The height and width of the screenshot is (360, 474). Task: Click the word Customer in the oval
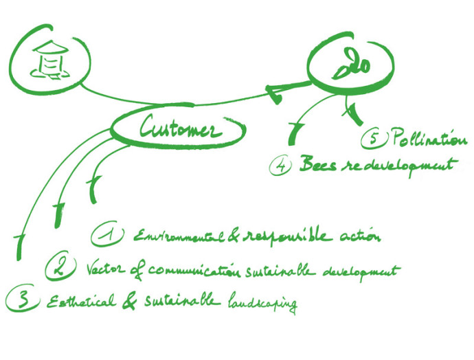click(180, 128)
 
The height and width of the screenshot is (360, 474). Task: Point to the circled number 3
click(21, 299)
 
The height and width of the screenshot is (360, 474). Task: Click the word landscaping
click(260, 302)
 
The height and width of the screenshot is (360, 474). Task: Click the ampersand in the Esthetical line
click(128, 301)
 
